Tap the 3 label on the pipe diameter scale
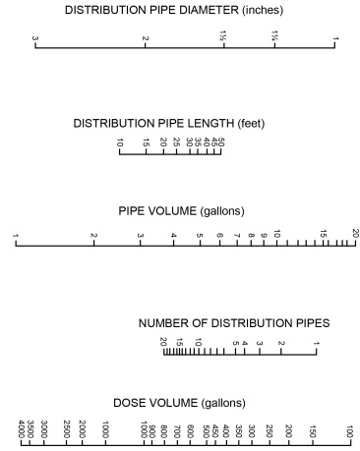pos(35,39)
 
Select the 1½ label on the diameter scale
pos(223,37)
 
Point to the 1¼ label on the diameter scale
pos(274,37)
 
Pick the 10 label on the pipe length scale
pos(120,144)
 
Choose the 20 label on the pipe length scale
pos(162,144)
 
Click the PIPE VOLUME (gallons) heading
pos(181,211)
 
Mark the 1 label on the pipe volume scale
pos(17,235)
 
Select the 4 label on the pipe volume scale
pos(174,235)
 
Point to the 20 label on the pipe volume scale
pos(355,234)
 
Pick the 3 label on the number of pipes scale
pos(259,343)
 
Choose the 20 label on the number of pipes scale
pos(163,342)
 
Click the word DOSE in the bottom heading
pos(131,404)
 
